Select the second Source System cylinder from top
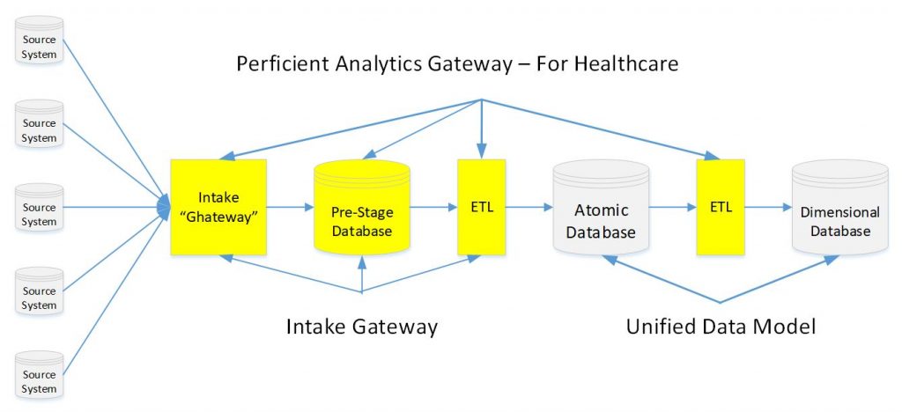tap(39, 125)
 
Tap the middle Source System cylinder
tap(39, 209)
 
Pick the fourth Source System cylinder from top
tap(39, 292)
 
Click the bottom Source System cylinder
tap(39, 376)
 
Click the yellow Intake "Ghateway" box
tap(218, 208)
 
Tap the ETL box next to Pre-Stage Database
tap(481, 208)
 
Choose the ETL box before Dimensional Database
tap(720, 208)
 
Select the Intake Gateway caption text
tap(361, 327)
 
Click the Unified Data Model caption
tap(721, 327)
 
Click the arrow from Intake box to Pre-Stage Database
tap(290, 209)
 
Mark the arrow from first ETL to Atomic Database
tap(528, 209)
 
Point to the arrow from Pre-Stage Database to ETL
tap(433, 209)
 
